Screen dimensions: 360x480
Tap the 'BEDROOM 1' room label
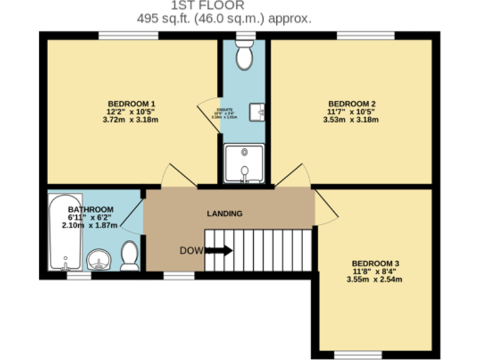pyautogui.click(x=131, y=104)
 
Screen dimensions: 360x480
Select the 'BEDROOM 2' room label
pyautogui.click(x=352, y=104)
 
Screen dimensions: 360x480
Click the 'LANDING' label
pyautogui.click(x=224, y=214)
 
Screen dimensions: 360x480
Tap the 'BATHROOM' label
pyautogui.click(x=91, y=209)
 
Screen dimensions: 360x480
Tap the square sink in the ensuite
pyautogui.click(x=257, y=112)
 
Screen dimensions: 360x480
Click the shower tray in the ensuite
pyautogui.click(x=244, y=164)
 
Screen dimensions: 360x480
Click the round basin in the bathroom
pyautogui.click(x=99, y=259)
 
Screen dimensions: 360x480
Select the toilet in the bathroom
pyautogui.click(x=129, y=256)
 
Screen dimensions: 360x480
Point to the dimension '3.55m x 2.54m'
pyautogui.click(x=374, y=279)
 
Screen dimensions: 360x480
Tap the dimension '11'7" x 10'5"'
pyautogui.click(x=352, y=112)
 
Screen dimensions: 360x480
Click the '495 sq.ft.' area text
pyautogui.click(x=163, y=18)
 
